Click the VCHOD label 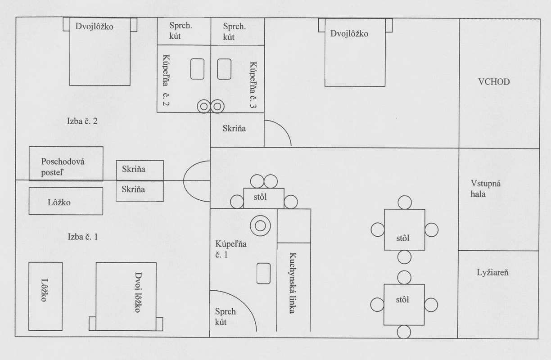(494, 82)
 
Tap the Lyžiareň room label (492, 272)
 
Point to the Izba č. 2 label (82, 121)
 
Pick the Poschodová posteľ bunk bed (66, 164)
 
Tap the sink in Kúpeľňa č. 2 (197, 69)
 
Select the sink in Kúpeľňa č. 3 (224, 69)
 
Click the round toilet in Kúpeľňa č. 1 (260, 225)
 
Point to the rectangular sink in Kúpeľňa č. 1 (263, 273)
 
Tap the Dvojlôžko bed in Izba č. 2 (99, 52)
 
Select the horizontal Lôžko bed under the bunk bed (66, 201)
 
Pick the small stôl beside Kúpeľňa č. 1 (264, 198)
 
